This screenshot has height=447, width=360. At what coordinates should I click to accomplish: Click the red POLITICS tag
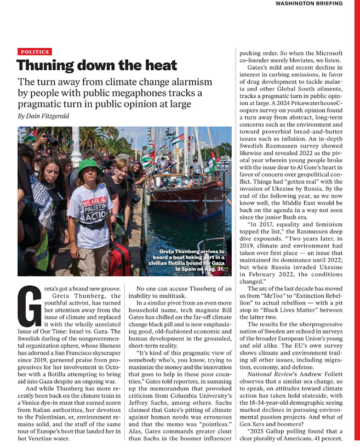pos(34,52)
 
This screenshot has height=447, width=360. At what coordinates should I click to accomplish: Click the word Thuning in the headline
pos(45,66)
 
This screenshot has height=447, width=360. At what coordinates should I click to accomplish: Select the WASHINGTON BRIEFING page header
pos(308,3)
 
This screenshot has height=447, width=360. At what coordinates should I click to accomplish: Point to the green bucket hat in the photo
pos(88,165)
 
